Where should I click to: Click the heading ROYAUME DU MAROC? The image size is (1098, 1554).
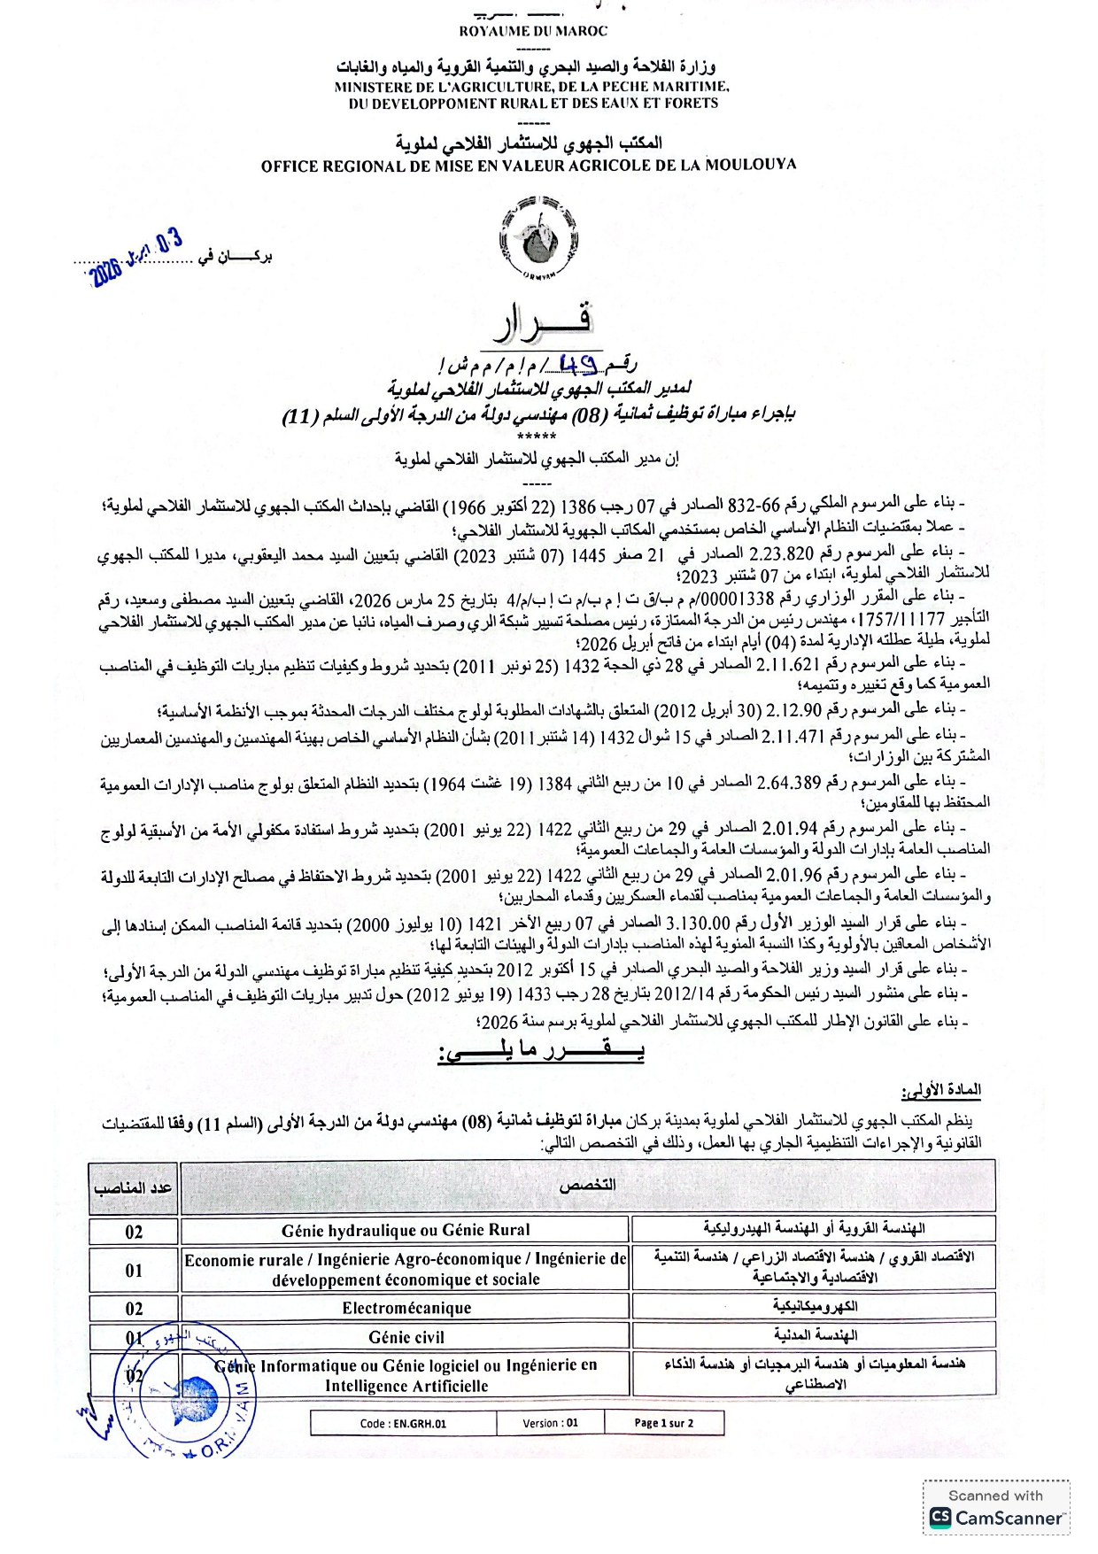click(533, 31)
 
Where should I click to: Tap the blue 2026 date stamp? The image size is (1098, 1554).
click(137, 258)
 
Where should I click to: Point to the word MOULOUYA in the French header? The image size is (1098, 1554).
click(748, 165)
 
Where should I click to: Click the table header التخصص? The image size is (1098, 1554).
click(587, 1186)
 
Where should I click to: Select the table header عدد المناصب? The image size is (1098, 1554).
click(133, 1187)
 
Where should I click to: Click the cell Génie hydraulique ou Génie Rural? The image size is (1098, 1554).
click(406, 1230)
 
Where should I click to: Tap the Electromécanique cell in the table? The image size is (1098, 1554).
click(406, 1308)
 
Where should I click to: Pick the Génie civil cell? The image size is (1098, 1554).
click(406, 1337)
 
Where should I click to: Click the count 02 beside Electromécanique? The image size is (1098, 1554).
click(134, 1309)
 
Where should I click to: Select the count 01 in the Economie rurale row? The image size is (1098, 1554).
click(134, 1270)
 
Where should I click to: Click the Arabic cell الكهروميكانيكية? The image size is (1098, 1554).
click(815, 1306)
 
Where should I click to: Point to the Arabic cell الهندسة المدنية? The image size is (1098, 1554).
click(815, 1335)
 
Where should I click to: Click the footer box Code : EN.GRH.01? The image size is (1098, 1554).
click(403, 1424)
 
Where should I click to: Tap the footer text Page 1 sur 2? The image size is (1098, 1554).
click(664, 1423)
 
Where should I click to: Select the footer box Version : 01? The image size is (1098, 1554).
click(550, 1423)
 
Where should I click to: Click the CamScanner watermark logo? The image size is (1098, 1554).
click(939, 1518)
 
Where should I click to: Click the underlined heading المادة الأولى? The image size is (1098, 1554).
click(940, 1090)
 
